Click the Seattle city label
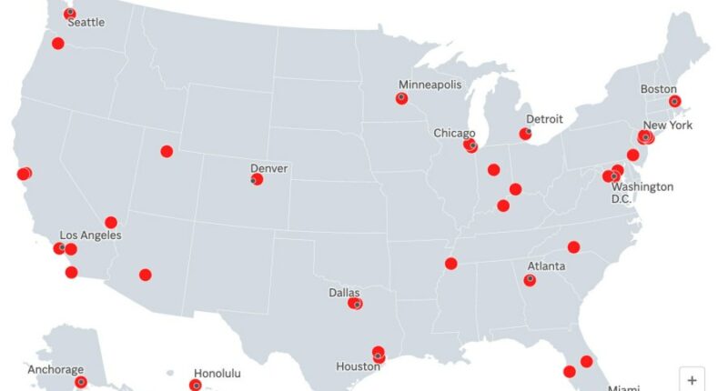[86, 22]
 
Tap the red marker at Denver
[257, 180]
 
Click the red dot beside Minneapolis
[401, 98]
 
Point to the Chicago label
[454, 133]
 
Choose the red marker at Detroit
[525, 135]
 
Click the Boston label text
[659, 89]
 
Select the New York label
[668, 125]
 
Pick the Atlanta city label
[546, 266]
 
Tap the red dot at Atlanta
[530, 280]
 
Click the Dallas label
[344, 293]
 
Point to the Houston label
[358, 366]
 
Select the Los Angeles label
[90, 235]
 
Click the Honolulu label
[219, 373]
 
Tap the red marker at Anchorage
[81, 383]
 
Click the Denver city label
[269, 168]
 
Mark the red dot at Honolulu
[196, 386]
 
